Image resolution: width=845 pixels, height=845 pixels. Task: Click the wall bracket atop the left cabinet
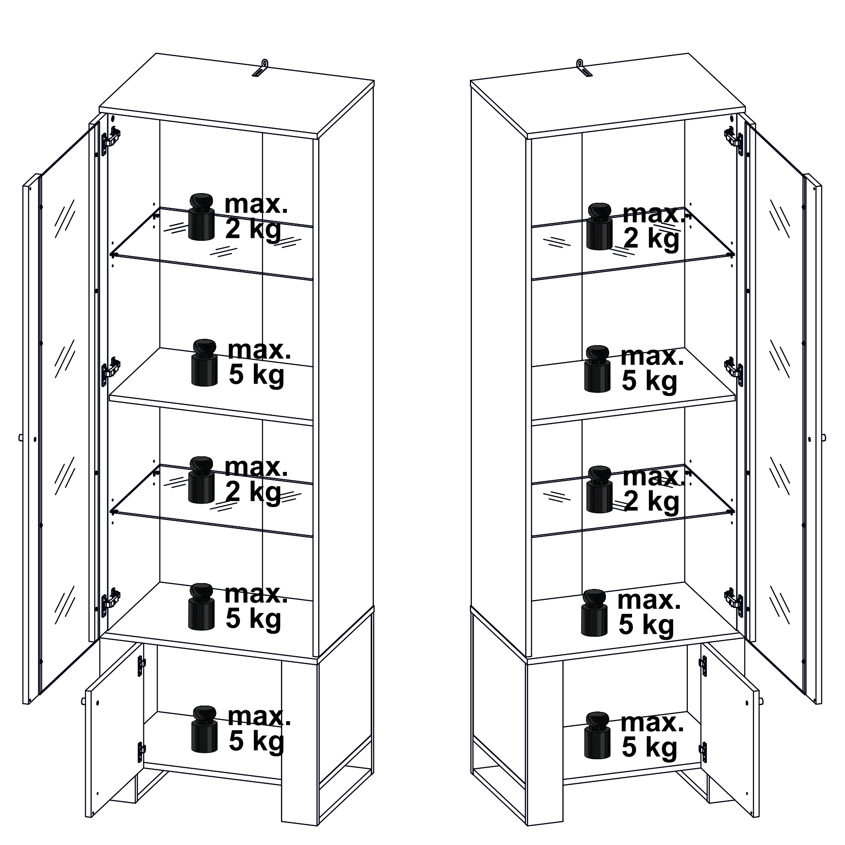pyautogui.click(x=261, y=69)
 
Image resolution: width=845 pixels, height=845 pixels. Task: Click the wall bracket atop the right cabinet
pyautogui.click(x=584, y=69)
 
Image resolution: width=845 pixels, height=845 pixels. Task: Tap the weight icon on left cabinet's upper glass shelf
pyautogui.click(x=202, y=217)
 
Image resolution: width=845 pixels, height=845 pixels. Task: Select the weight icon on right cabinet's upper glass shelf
pyautogui.click(x=600, y=226)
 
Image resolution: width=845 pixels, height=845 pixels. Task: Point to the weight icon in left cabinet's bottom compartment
pyautogui.click(x=204, y=729)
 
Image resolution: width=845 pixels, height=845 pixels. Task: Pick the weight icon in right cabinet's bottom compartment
pyautogui.click(x=597, y=735)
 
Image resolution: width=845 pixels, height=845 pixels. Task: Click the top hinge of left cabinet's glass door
pyautogui.click(x=111, y=140)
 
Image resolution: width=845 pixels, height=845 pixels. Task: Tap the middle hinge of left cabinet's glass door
pyautogui.click(x=111, y=372)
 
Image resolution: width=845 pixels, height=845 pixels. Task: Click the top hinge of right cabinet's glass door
pyautogui.click(x=734, y=140)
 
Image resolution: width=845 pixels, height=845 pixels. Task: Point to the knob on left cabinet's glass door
pyautogui.click(x=21, y=437)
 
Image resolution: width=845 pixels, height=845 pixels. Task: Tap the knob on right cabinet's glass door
pyautogui.click(x=823, y=437)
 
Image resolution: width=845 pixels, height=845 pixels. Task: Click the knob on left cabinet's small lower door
pyautogui.click(x=83, y=701)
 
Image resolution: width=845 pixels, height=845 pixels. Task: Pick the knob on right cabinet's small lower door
pyautogui.click(x=761, y=701)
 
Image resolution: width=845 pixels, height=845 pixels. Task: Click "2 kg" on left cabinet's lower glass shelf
pyautogui.click(x=253, y=493)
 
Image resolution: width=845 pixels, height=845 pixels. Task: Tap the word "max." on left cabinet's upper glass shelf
pyautogui.click(x=256, y=204)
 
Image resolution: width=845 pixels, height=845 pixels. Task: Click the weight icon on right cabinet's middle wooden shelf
pyautogui.click(x=597, y=369)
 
